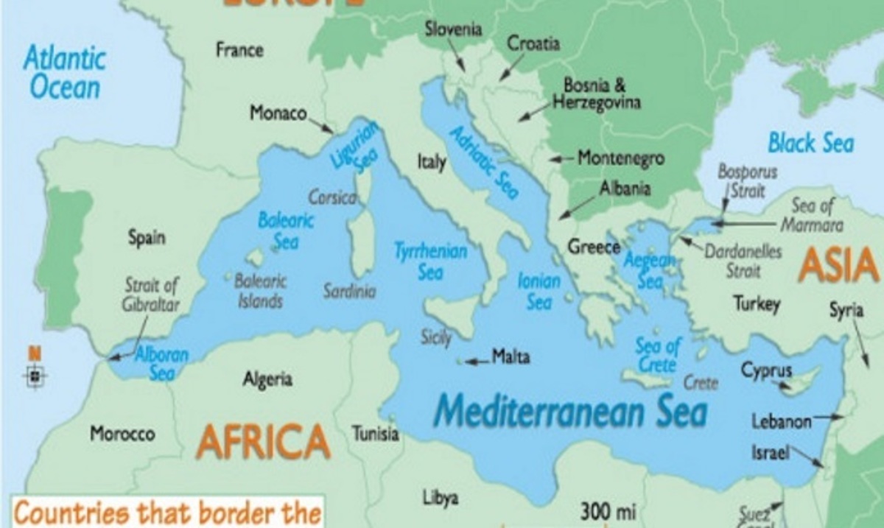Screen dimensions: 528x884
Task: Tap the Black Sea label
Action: click(810, 142)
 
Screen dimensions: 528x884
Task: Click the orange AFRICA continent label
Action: click(262, 440)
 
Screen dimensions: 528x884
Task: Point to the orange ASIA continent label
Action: click(838, 265)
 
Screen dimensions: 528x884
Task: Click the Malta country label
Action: click(511, 358)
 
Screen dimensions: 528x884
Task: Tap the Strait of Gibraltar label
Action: click(152, 295)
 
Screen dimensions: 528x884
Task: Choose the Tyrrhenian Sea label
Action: click(431, 261)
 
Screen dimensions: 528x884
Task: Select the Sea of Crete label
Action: click(658, 354)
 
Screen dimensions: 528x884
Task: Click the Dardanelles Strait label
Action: click(743, 261)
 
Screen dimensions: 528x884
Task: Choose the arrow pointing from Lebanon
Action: click(829, 418)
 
